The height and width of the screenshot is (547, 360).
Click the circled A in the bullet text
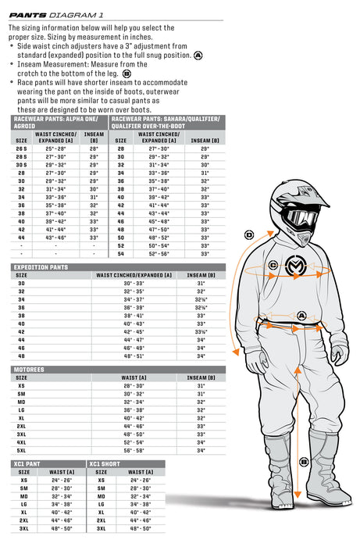click(198, 55)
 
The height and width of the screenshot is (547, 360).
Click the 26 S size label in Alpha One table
click(22, 148)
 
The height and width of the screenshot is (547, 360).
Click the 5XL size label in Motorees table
click(22, 451)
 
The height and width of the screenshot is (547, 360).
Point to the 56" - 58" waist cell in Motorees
click(134, 451)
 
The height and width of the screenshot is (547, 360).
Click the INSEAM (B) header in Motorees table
click(201, 377)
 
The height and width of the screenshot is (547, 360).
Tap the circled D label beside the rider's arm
click(249, 234)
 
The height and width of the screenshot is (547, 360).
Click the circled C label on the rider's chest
click(273, 266)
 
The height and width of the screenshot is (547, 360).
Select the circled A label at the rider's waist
click(301, 315)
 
